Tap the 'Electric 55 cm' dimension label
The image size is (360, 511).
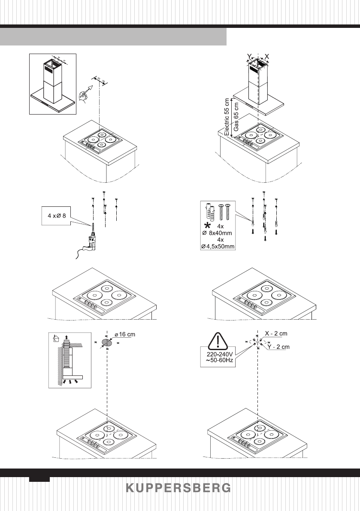coord(227,117)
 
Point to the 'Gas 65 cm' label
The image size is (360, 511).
coord(236,117)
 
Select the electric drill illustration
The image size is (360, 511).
coord(88,240)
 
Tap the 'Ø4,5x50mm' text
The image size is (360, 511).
coord(218,247)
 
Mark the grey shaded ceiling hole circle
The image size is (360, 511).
coord(106,342)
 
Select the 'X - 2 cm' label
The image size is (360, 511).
coord(276,333)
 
